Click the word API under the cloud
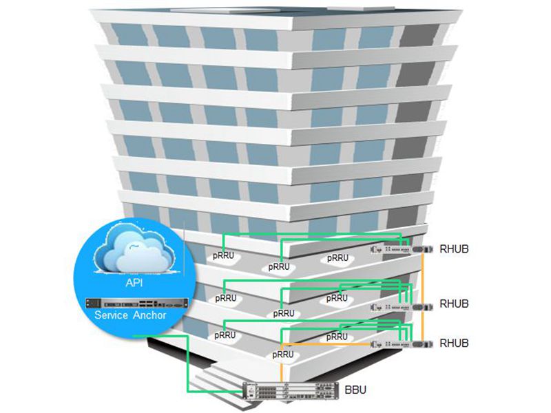click(x=135, y=282)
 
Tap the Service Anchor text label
click(x=135, y=315)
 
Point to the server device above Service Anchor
click(x=135, y=302)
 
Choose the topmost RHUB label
click(x=454, y=248)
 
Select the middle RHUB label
click(x=454, y=303)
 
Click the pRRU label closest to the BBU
click(x=283, y=354)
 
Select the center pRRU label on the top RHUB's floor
click(x=279, y=266)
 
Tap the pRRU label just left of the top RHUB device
click(x=337, y=258)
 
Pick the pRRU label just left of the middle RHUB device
click(x=337, y=298)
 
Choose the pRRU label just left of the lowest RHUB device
click(x=337, y=337)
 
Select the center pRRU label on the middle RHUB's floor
click(x=284, y=313)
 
